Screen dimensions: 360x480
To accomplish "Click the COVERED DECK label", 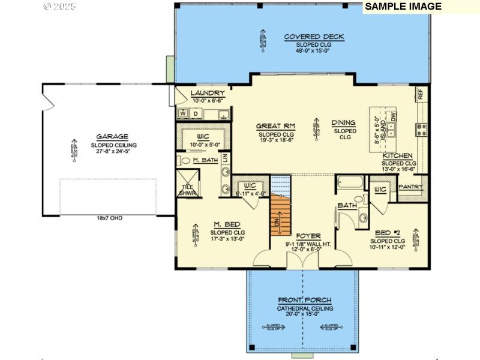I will click(x=314, y=37).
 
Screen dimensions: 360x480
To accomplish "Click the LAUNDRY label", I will click(x=208, y=94).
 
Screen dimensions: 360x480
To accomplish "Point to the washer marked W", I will click(x=182, y=113).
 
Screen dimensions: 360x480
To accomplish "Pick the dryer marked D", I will click(x=196, y=113).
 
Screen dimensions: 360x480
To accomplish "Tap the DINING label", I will click(x=344, y=123).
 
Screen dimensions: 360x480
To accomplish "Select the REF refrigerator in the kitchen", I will click(x=420, y=94).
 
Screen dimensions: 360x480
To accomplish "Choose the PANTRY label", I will click(x=411, y=187).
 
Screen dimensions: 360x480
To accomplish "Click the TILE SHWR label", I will click(x=187, y=190).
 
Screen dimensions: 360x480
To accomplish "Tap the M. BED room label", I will click(x=227, y=224).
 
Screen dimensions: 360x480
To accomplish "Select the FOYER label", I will click(x=308, y=236).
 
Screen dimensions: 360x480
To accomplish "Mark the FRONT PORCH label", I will click(x=305, y=300).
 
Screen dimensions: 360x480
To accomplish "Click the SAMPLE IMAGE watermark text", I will click(x=403, y=7).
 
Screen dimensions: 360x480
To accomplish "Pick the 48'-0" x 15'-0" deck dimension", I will click(x=314, y=51).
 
